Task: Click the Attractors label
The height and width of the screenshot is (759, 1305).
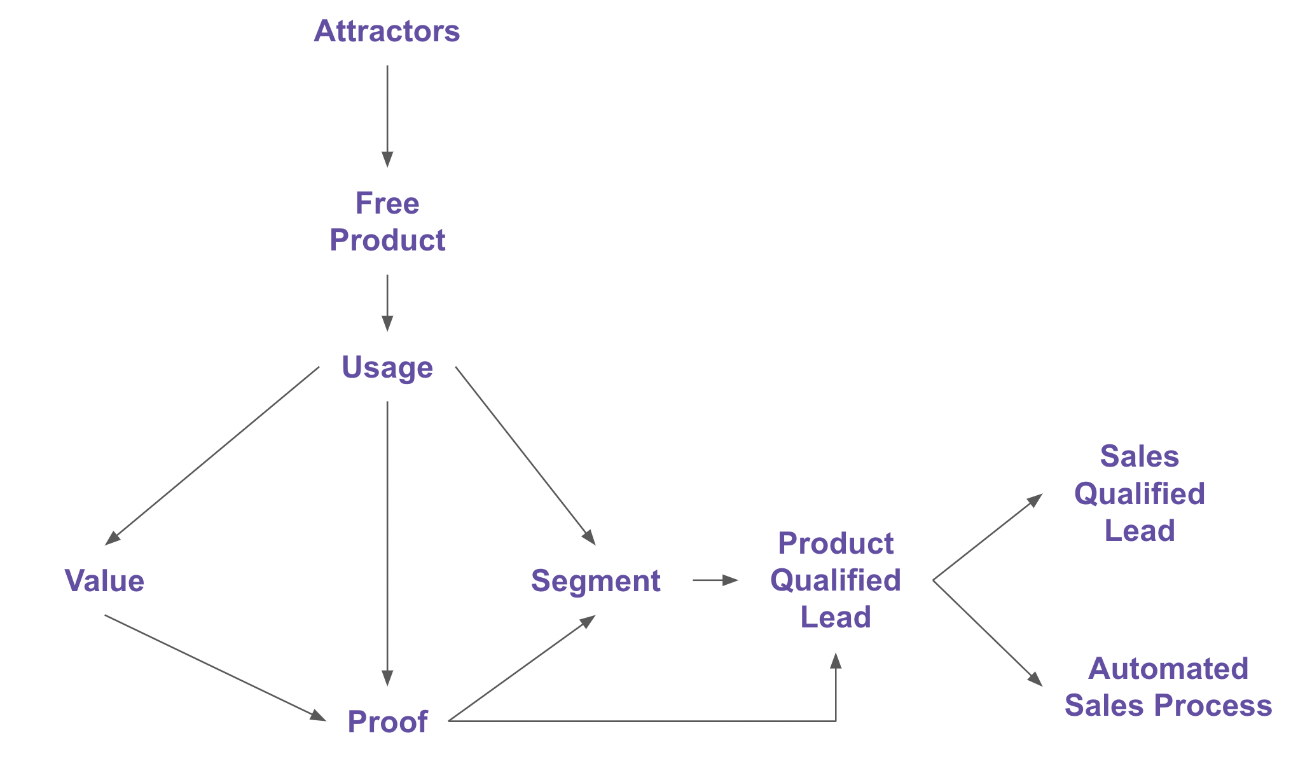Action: (x=387, y=31)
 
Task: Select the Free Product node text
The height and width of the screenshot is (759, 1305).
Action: (x=387, y=222)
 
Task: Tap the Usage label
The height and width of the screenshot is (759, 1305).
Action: (x=387, y=367)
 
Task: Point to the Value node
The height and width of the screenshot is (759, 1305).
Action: (x=104, y=581)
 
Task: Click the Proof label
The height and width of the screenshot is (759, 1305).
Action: (x=387, y=721)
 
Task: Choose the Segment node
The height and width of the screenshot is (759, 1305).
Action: (x=595, y=581)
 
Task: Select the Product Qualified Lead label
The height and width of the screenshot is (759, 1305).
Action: (x=835, y=580)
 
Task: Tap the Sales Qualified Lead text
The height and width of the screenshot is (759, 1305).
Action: (x=1139, y=494)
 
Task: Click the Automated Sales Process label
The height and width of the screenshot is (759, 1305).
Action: (x=1168, y=687)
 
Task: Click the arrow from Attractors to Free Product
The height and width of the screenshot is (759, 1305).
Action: (x=387, y=114)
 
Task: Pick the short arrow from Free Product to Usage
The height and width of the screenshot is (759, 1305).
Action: (x=387, y=302)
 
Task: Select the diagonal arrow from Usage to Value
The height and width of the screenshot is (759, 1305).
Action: (x=213, y=455)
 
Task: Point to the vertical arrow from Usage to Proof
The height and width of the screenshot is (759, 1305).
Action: (x=387, y=540)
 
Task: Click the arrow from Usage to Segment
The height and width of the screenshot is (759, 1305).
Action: (x=525, y=455)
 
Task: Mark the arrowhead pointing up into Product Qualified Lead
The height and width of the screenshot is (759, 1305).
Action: (x=836, y=661)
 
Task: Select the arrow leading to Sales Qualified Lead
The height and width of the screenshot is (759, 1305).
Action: (x=987, y=537)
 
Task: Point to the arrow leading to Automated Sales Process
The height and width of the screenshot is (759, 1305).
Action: (x=987, y=632)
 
